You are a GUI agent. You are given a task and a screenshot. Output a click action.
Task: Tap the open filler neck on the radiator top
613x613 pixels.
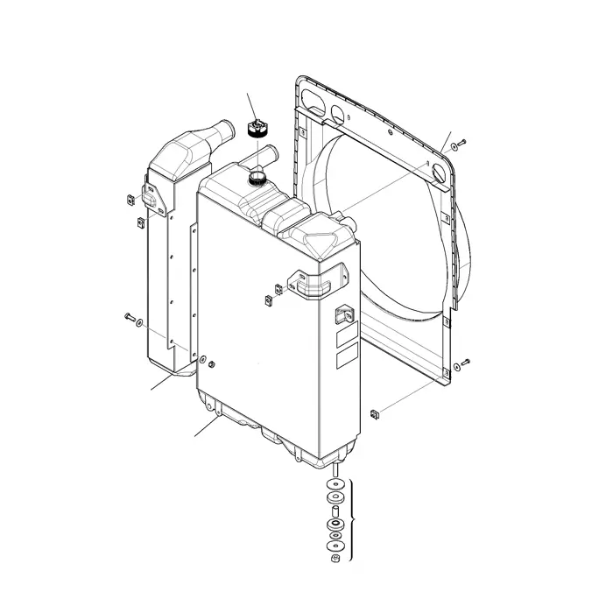[257, 178]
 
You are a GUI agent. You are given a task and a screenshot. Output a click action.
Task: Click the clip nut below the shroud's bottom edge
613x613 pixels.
[375, 412]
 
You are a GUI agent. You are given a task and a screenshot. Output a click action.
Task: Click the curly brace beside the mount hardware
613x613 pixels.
[352, 522]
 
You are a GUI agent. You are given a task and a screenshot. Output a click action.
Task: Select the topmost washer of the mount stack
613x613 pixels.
[335, 484]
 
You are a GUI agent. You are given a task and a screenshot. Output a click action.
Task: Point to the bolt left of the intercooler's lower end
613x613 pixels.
[130, 316]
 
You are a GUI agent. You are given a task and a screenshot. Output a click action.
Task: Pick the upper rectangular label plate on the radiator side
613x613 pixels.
[348, 335]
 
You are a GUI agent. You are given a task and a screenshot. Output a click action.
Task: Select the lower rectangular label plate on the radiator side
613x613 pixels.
[348, 357]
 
